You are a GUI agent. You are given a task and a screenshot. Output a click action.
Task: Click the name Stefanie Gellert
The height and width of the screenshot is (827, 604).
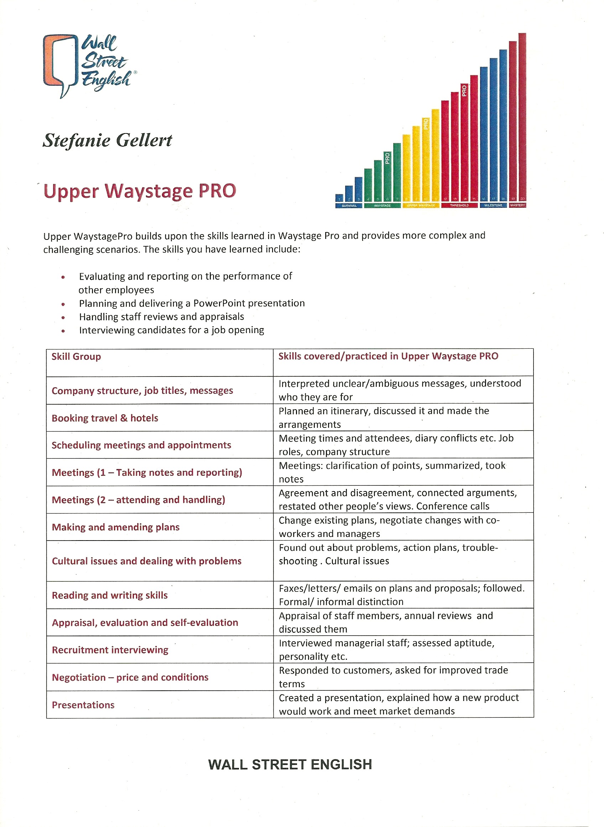pyautogui.click(x=107, y=140)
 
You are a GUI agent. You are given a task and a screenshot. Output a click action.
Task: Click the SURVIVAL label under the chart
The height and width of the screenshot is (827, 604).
pyautogui.click(x=349, y=206)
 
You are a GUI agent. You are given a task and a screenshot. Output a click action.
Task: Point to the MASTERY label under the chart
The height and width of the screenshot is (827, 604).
pyautogui.click(x=517, y=205)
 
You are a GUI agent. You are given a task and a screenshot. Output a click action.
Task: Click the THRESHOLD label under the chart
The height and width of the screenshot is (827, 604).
pyautogui.click(x=459, y=206)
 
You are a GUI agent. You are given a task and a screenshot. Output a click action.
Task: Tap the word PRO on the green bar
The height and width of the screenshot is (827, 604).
pyautogui.click(x=387, y=158)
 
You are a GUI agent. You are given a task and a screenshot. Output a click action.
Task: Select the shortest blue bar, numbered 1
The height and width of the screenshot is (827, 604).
pyautogui.click(x=339, y=197)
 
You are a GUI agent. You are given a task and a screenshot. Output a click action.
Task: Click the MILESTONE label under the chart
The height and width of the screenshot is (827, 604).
pyautogui.click(x=493, y=206)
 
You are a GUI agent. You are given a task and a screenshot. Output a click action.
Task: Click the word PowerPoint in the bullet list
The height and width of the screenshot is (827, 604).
pyautogui.click(x=218, y=303)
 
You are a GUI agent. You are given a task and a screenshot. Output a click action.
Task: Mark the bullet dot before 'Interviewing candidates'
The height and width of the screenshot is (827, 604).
pyautogui.click(x=63, y=331)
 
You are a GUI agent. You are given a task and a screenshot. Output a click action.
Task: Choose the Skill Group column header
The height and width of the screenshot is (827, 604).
pyautogui.click(x=76, y=357)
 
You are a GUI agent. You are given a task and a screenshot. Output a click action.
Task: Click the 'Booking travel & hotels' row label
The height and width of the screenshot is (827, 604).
pyautogui.click(x=105, y=418)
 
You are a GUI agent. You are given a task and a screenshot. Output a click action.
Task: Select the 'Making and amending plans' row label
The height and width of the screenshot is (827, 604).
pyautogui.click(x=115, y=527)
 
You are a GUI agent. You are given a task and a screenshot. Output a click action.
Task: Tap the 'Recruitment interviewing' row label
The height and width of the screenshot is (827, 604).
pyautogui.click(x=110, y=650)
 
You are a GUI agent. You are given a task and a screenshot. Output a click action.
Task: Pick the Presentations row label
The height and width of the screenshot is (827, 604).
pyautogui.click(x=83, y=705)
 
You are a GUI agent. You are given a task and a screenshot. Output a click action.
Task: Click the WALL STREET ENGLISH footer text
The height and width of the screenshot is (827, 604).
pyautogui.click(x=290, y=764)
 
